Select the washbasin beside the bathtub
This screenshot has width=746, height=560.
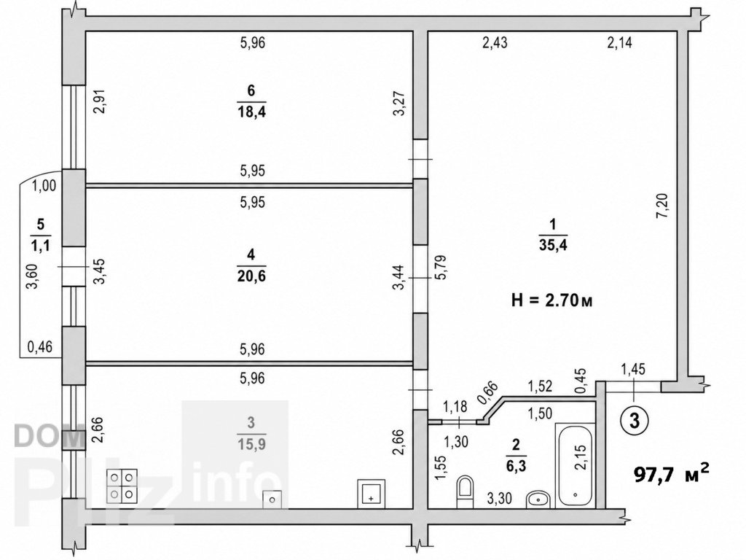[538, 499]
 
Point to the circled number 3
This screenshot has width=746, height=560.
[635, 421]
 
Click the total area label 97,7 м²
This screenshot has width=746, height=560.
[671, 473]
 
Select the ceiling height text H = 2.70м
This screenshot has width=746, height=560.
[552, 300]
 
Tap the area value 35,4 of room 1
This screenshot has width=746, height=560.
[554, 245]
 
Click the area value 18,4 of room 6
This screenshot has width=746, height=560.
[251, 112]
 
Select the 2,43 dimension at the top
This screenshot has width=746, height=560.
[495, 43]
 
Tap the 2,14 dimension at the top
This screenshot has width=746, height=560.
[619, 43]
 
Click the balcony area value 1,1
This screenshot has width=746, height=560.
[41, 245]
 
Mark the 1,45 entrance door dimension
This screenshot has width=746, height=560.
[633, 368]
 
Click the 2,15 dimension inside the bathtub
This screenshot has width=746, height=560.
[581, 458]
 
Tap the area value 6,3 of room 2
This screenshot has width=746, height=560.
[517, 465]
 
